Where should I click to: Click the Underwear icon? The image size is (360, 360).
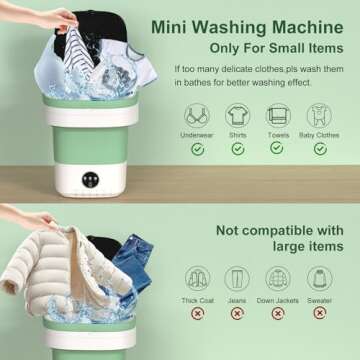tap(197, 114)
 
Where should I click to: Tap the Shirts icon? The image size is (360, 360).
tap(238, 114)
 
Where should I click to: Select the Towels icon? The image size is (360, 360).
tap(279, 114)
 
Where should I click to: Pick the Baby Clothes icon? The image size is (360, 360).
tap(320, 114)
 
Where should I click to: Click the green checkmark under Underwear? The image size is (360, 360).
tap(197, 149)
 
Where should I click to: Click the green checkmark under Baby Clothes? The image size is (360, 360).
tap(320, 149)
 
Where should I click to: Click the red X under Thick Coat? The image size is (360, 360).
tap(197, 314)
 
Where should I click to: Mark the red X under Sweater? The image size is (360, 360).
tap(320, 314)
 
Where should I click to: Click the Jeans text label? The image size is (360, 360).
tap(238, 299)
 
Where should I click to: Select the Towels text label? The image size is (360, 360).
tap(279, 133)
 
